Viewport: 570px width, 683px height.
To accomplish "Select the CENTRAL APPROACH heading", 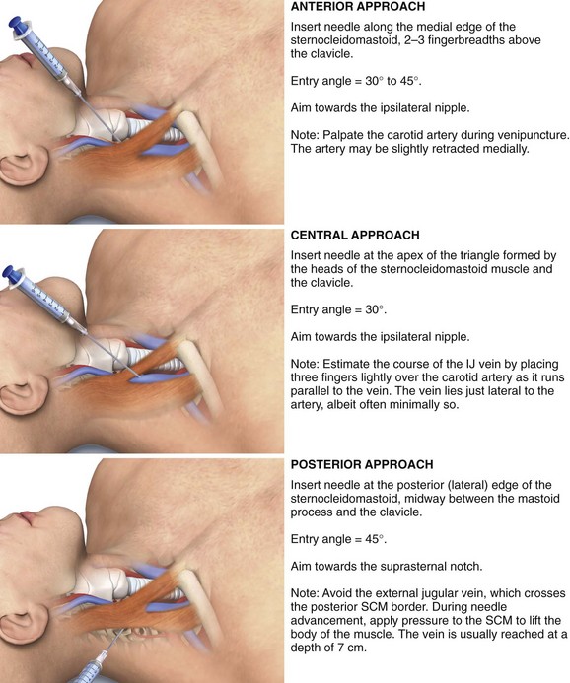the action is coord(355,236).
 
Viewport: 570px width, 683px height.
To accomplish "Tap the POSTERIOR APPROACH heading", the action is coord(362,464).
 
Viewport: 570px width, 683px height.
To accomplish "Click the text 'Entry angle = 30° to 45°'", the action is coord(356,81).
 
